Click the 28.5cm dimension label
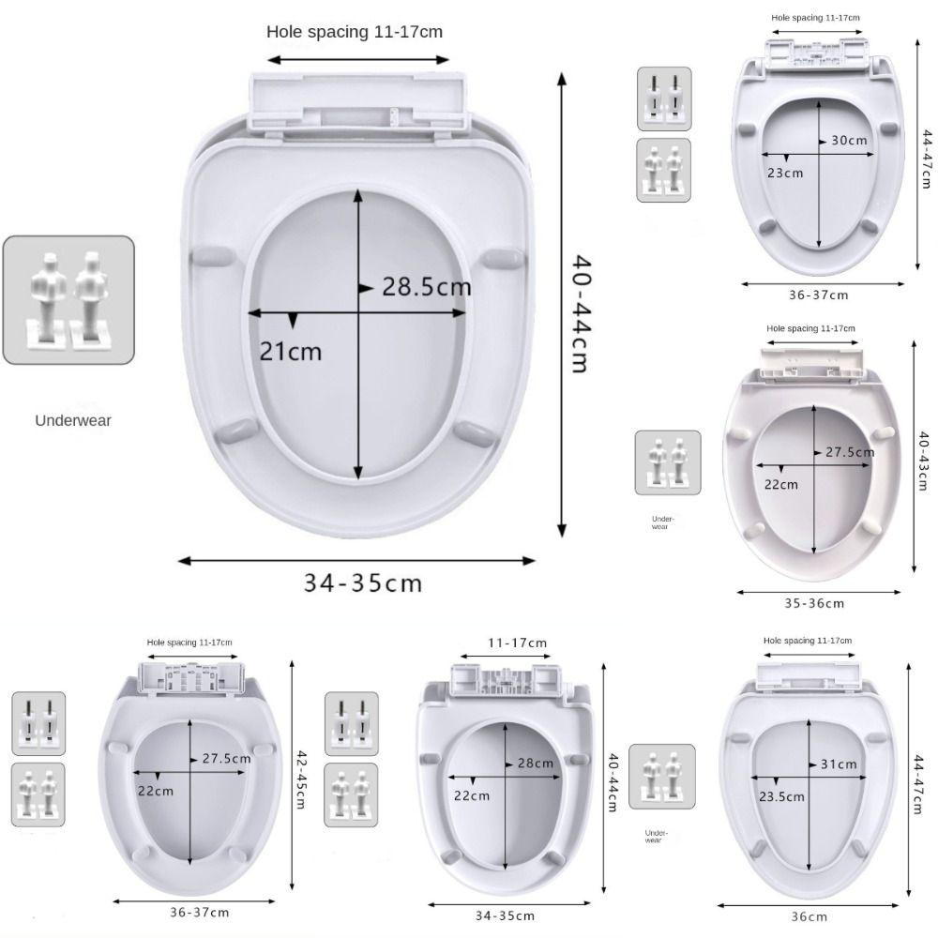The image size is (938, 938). click(427, 286)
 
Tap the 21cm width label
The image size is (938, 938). click(291, 351)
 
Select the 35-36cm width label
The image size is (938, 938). click(814, 603)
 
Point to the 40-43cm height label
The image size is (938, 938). click(924, 461)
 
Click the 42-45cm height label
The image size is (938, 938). click(301, 779)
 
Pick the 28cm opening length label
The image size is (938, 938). click(536, 763)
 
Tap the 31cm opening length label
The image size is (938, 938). click(838, 764)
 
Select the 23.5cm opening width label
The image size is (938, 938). click(781, 796)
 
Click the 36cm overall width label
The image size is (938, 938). click(809, 916)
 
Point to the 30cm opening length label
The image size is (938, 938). click(849, 140)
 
